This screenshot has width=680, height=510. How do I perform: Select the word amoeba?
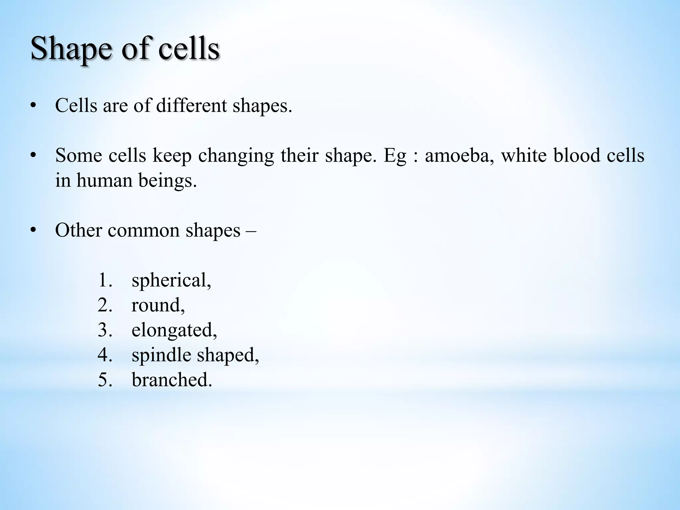pos(457,155)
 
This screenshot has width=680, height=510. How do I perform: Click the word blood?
pos(577,155)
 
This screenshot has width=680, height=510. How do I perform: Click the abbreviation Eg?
pos(395,156)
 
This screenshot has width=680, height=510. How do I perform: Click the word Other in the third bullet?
pos(78,230)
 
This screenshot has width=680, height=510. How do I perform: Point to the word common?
pos(144,231)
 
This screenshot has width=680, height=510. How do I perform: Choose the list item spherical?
pos(171,281)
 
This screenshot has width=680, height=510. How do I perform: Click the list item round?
pos(158,305)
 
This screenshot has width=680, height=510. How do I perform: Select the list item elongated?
pos(174,330)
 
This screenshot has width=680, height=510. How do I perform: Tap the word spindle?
pos(161,355)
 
